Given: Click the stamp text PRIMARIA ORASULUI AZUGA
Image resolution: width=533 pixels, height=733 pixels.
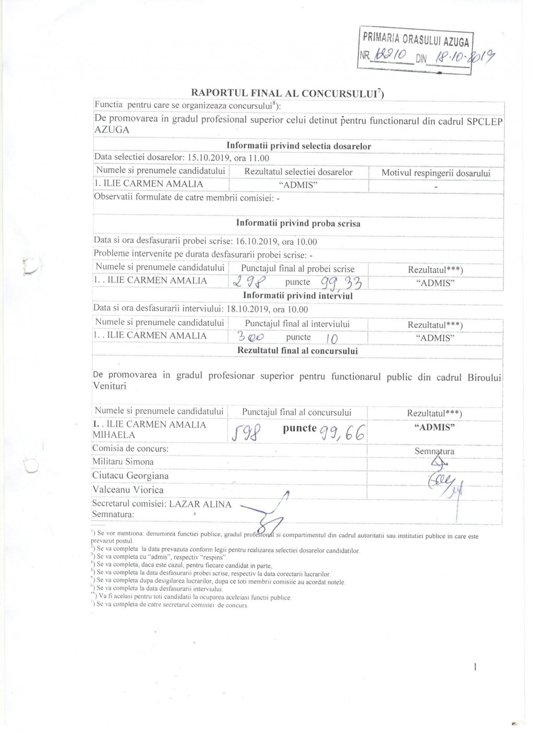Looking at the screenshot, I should [416, 39].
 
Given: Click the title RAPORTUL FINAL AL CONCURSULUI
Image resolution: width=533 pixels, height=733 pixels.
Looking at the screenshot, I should [287, 93].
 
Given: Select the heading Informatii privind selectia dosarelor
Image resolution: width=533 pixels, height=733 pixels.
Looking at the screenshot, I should [298, 146].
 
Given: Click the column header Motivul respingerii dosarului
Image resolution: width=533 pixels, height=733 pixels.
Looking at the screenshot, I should [436, 172].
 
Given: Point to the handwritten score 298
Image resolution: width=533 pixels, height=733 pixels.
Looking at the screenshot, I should [251, 282].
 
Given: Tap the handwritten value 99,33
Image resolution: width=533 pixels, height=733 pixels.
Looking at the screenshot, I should [341, 282].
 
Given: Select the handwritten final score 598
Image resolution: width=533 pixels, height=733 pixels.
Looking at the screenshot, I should [247, 433].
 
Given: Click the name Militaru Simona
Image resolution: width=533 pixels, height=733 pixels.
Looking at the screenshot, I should [123, 462].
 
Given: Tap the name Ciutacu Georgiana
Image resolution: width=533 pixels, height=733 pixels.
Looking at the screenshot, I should [130, 476].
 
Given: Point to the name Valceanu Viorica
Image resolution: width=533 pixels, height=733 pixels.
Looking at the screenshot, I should [128, 490].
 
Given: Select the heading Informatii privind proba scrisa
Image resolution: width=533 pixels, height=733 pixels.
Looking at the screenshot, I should [298, 223].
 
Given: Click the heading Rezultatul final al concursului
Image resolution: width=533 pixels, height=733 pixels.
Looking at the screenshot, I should [297, 351].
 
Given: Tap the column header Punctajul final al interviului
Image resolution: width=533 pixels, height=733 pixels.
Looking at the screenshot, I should [297, 324].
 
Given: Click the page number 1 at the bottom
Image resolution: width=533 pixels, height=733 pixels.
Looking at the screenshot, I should [474, 667].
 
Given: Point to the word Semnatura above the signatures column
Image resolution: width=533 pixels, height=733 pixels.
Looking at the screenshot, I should [434, 451].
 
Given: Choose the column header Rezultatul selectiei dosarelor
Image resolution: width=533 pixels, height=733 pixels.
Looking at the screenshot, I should [298, 172].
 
